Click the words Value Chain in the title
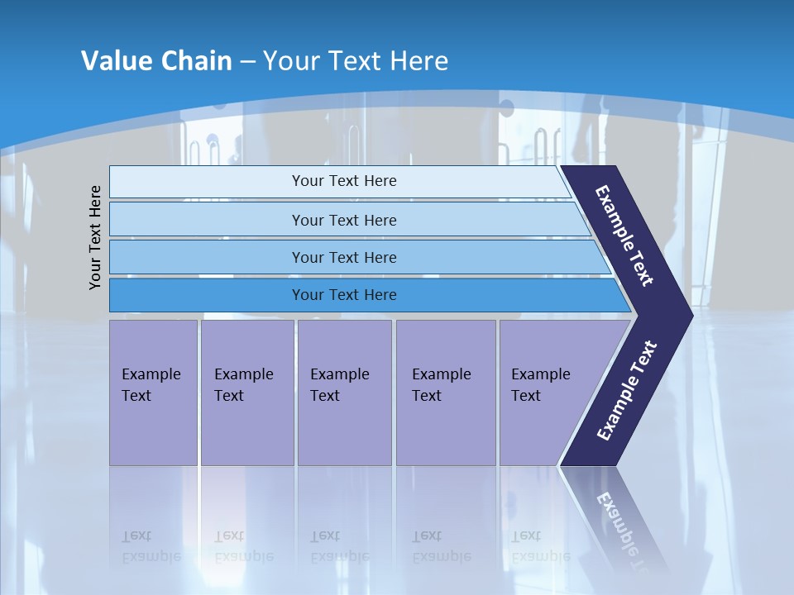pyautogui.click(x=156, y=60)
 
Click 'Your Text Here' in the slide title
pyautogui.click(x=356, y=60)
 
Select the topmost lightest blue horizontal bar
pyautogui.click(x=207, y=182)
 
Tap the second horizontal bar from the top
pyautogui.click(x=207, y=220)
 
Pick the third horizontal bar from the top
pyautogui.click(x=207, y=257)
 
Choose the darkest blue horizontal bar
pyautogui.click(x=207, y=295)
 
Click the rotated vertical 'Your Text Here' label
pyautogui.click(x=95, y=237)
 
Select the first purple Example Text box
pyautogui.click(x=153, y=393)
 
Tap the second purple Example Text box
pyautogui.click(x=246, y=393)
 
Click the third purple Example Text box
pyautogui.click(x=344, y=393)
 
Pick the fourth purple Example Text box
pyautogui.click(x=446, y=393)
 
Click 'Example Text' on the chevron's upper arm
pyautogui.click(x=624, y=236)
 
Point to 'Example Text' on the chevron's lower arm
pyautogui.click(x=627, y=391)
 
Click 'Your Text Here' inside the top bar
pyautogui.click(x=344, y=181)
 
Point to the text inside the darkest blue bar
pyautogui.click(x=344, y=295)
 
